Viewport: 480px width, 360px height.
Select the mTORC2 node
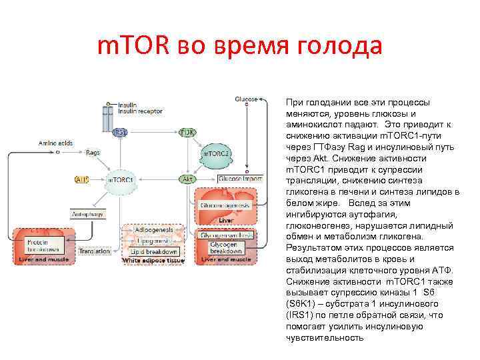[x=217, y=154]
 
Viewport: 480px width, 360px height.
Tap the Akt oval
[x=189, y=179]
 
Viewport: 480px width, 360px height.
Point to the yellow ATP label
[x=81, y=180]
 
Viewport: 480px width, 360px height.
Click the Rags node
[x=93, y=153]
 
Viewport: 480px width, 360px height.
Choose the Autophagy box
[x=88, y=215]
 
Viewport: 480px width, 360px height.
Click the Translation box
[x=94, y=251]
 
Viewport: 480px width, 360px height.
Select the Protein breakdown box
[x=41, y=245]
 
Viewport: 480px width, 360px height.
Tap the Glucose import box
[x=237, y=179]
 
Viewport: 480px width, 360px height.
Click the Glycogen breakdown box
[x=227, y=248]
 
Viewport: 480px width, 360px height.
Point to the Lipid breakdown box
[x=155, y=251]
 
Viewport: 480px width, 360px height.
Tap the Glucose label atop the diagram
[x=245, y=99]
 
